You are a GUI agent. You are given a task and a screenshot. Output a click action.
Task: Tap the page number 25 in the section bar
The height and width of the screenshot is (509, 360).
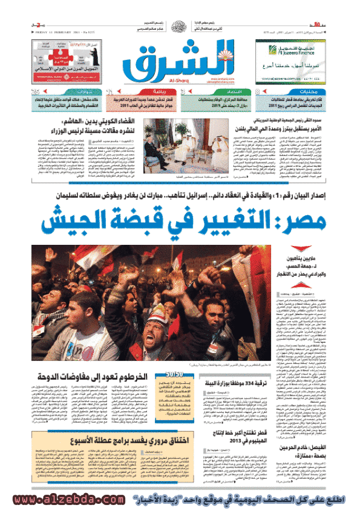click(35, 92)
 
